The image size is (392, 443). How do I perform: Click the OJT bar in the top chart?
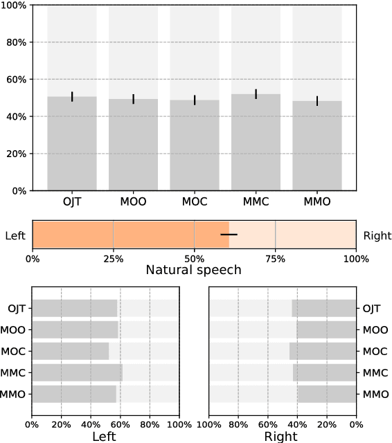(x=72, y=143)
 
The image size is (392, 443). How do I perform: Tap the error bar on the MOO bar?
(x=133, y=99)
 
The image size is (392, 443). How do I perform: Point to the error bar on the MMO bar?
(x=317, y=101)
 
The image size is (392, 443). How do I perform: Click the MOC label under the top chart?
(x=194, y=202)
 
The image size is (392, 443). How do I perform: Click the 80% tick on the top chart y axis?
(x=16, y=42)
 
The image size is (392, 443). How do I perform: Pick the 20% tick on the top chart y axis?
(x=16, y=153)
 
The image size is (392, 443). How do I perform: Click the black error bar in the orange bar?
(x=229, y=235)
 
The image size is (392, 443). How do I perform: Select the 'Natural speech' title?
(x=194, y=270)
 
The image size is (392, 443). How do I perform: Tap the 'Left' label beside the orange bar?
(x=15, y=236)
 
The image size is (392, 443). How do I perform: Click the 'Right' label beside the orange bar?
(x=377, y=236)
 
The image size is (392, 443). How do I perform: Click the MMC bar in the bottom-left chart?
(x=77, y=372)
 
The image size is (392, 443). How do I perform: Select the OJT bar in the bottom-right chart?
(x=324, y=309)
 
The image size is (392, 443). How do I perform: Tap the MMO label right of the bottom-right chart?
(x=376, y=394)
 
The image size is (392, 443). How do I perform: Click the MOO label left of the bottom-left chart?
(x=15, y=330)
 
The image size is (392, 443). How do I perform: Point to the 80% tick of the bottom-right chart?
(x=238, y=423)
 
